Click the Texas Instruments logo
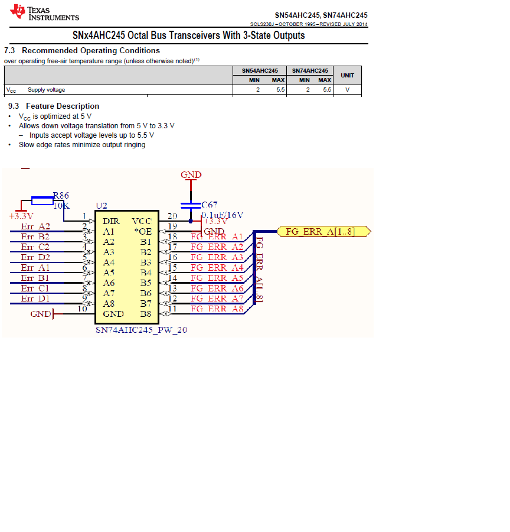(44, 12)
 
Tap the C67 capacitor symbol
(190, 205)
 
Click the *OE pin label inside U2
(143, 231)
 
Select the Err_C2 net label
(35, 247)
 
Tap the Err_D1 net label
(35, 299)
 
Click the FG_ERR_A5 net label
(217, 278)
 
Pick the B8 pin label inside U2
(146, 314)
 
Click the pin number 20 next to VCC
(172, 216)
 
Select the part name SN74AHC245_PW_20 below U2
(141, 330)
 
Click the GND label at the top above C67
(191, 175)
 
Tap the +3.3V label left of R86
(21, 216)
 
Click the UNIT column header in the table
(347, 75)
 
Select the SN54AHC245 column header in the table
(260, 70)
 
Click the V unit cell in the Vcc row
(347, 90)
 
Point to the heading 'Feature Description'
(62, 106)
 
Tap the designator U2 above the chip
(102, 206)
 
